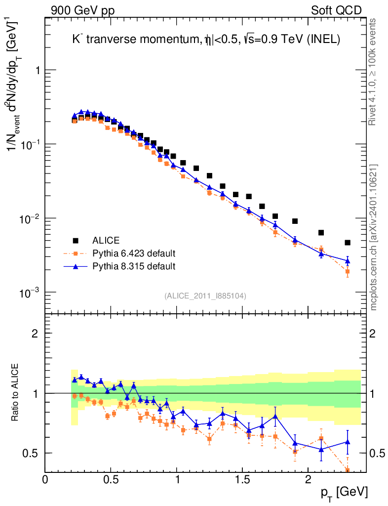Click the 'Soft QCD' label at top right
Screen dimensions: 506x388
pyautogui.click(x=336, y=10)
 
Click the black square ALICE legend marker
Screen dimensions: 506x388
pyautogui.click(x=76, y=241)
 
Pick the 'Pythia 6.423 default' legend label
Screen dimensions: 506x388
pyautogui.click(x=134, y=254)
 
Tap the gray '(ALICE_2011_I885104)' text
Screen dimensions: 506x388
pyautogui.click(x=205, y=295)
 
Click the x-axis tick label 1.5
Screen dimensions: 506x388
pyautogui.click(x=242, y=480)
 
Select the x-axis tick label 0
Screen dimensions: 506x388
pyautogui.click(x=45, y=480)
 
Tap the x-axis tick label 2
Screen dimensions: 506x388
pyautogui.click(x=308, y=480)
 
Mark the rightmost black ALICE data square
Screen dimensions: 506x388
pyautogui.click(x=348, y=243)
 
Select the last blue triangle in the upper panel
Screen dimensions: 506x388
pyautogui.click(x=348, y=261)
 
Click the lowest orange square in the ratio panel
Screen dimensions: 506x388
pyautogui.click(x=348, y=470)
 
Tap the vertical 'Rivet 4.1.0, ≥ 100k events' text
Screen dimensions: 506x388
pyautogui.click(x=373, y=72)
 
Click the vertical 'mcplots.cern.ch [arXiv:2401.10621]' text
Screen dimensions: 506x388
pyautogui.click(x=373, y=237)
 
